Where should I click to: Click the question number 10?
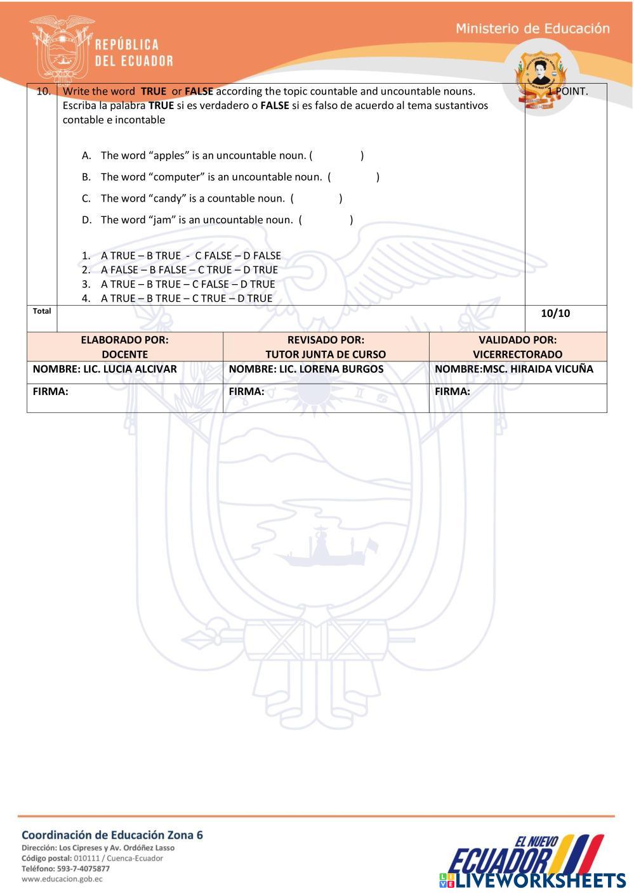point(43,91)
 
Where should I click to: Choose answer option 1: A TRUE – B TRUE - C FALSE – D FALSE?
point(190,256)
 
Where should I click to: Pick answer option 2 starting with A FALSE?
point(189,269)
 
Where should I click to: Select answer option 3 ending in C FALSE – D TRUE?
point(188,284)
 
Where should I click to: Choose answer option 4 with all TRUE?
point(187,298)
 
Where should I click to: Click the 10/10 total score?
point(555,313)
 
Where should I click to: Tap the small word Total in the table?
point(42,311)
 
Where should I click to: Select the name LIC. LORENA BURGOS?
point(331,369)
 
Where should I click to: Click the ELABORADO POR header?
point(124,340)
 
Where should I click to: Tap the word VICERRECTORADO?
point(517,354)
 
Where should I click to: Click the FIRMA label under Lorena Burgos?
point(246,392)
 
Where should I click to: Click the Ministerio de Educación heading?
point(532,29)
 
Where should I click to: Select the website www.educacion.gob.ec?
point(62,880)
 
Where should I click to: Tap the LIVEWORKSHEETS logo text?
point(541,880)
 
